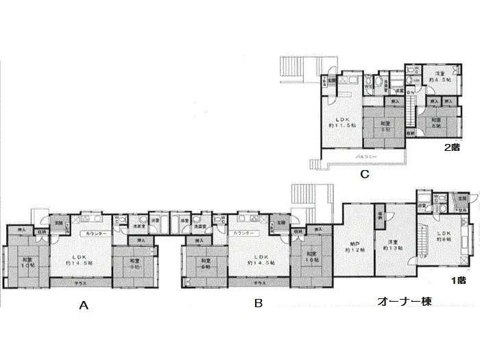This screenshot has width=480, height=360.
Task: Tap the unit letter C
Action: pos(365,175)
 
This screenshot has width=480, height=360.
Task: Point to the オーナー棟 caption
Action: pos(405,302)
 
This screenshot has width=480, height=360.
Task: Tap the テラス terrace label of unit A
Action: pos(71,282)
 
